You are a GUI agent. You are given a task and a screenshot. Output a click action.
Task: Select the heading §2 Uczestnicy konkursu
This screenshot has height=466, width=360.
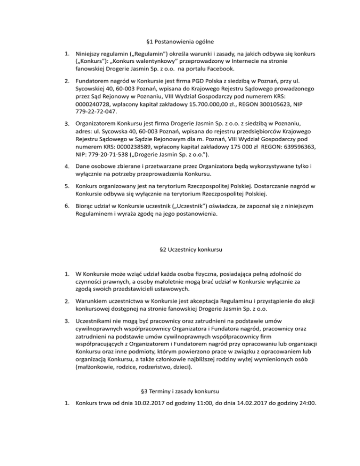pyautogui.click(x=180, y=249)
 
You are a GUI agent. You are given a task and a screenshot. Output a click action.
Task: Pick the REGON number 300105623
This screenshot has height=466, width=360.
pyautogui.click(x=262, y=103)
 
